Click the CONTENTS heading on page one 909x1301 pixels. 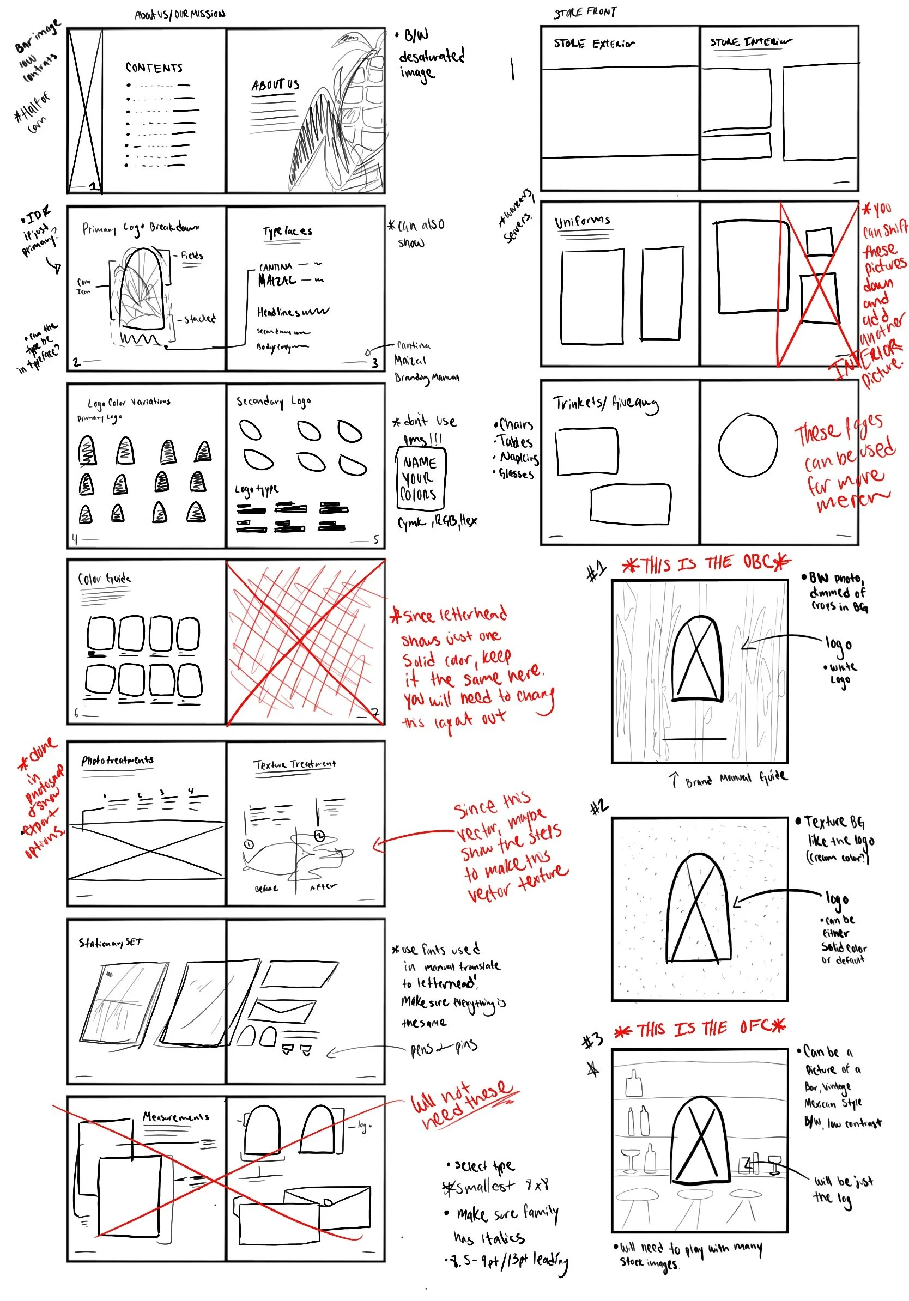coord(154,68)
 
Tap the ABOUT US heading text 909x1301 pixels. coord(275,85)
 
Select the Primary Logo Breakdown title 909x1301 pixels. coord(141,228)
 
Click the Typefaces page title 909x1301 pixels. coord(287,231)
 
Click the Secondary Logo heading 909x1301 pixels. coord(273,401)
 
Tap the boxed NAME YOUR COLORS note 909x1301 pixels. coord(421,478)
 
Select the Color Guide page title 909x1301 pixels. coord(104,579)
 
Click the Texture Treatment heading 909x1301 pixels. coord(294,764)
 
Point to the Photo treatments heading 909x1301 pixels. coord(117,760)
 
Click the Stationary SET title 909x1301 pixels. coord(111,943)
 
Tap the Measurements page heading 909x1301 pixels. coord(175,1116)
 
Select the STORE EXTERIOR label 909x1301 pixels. coord(593,44)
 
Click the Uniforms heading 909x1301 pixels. coord(582,221)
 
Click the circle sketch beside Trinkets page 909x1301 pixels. coord(748,445)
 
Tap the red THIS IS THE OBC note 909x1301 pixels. coord(706,563)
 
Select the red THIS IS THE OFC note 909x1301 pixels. coord(700,1029)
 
